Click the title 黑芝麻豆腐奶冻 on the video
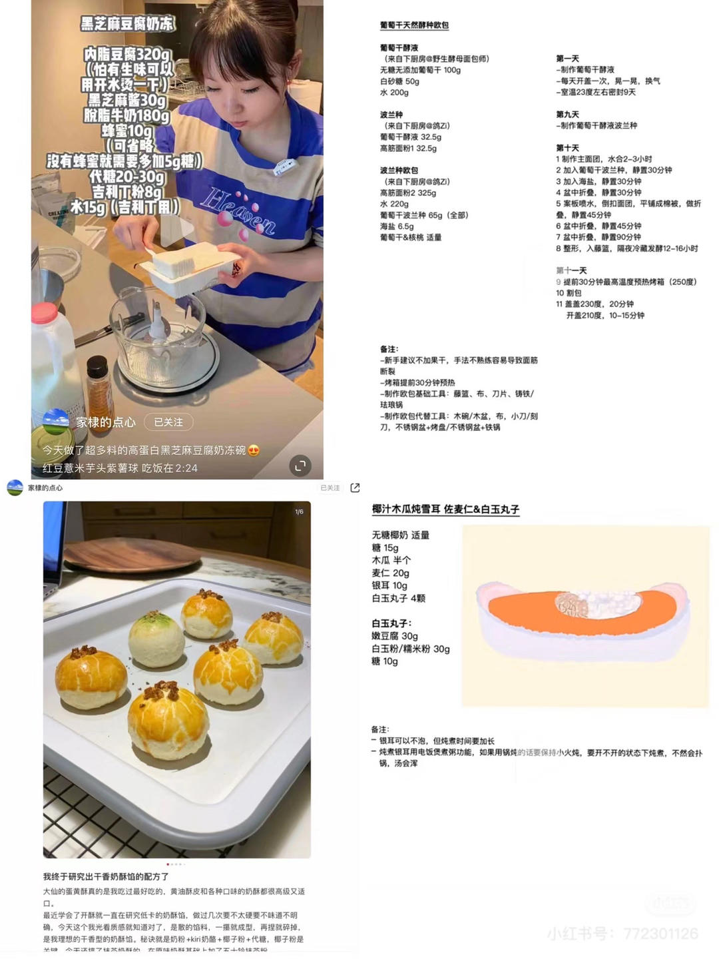click(127, 23)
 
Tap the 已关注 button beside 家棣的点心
click(168, 422)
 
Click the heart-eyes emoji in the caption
click(254, 450)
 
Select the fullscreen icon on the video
click(300, 466)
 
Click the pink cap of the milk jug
click(44, 312)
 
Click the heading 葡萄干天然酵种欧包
click(414, 25)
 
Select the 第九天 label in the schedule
click(568, 115)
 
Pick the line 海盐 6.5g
click(397, 226)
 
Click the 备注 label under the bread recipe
click(389, 349)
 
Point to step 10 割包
click(569, 293)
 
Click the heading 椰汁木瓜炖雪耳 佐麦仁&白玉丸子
click(445, 509)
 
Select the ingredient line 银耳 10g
click(389, 585)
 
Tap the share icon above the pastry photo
click(355, 488)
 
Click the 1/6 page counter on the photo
click(299, 511)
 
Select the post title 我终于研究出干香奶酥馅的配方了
click(106, 876)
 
